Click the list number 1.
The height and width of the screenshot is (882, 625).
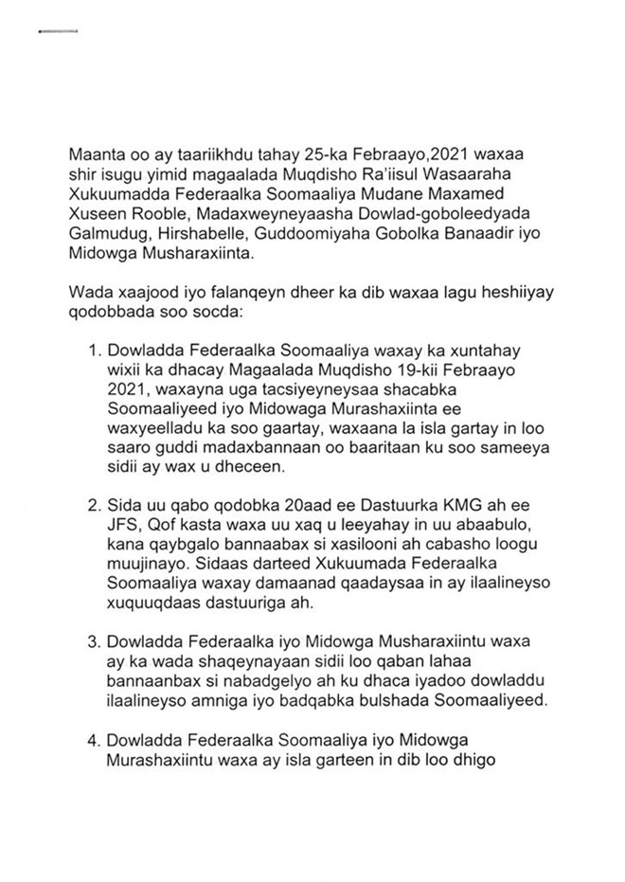tap(94, 350)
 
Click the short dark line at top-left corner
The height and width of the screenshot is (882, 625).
tap(55, 32)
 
